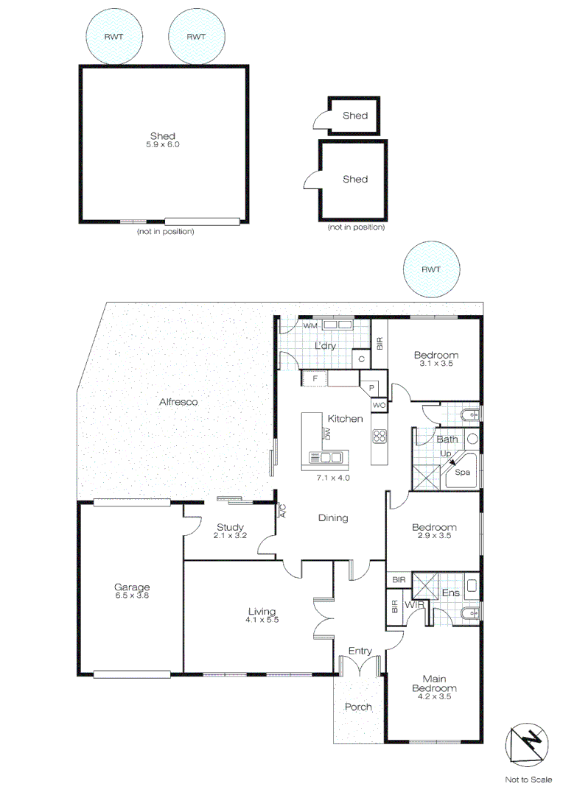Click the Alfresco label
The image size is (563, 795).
[x=178, y=402]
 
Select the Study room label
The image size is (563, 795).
[x=230, y=526]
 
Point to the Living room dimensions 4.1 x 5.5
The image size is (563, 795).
[x=262, y=621]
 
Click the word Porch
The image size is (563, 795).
[x=358, y=707]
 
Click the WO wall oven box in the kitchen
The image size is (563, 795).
[x=379, y=405]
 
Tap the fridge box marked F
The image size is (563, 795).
[x=315, y=378]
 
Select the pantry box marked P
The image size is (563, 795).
[x=371, y=387]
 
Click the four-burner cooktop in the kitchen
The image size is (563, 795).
[x=380, y=436]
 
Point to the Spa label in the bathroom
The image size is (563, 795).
[x=463, y=472]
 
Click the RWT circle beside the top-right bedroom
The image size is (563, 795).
[x=431, y=269]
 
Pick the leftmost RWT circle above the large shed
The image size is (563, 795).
[x=113, y=37]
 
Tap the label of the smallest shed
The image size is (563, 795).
[x=354, y=116]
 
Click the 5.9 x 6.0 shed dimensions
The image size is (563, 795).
[x=162, y=145]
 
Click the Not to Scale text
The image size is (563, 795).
[x=528, y=780]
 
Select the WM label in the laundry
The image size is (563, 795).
[x=310, y=325]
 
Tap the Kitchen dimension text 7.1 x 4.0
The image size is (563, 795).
[x=333, y=477]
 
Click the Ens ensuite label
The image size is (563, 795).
[x=450, y=593]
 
